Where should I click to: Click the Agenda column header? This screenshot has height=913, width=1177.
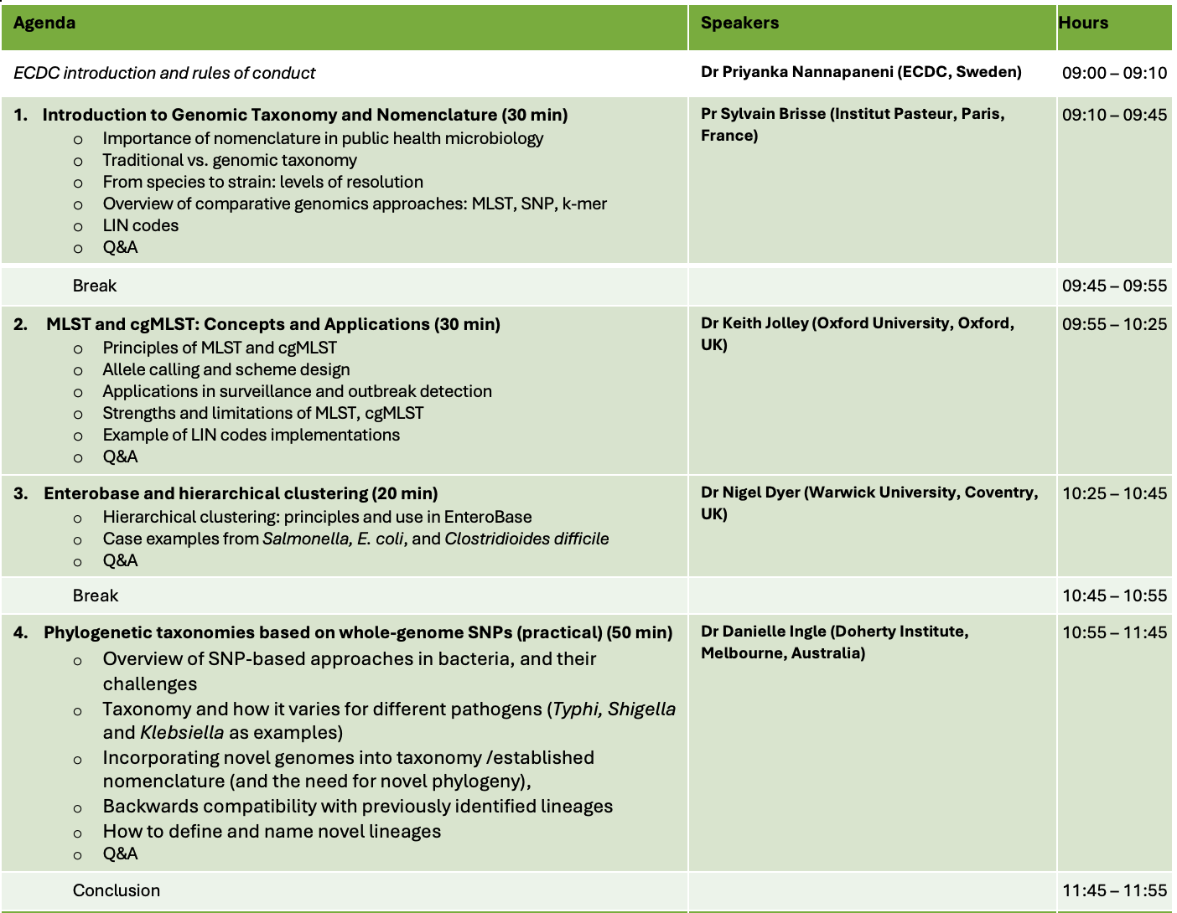[44, 23]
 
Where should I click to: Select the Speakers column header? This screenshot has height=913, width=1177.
[739, 23]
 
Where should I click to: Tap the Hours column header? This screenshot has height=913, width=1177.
[1083, 23]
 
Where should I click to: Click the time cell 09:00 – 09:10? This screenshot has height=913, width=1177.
[1114, 73]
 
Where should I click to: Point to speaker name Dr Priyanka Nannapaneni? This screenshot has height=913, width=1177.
[796, 72]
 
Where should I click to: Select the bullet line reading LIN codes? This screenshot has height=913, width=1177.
[140, 225]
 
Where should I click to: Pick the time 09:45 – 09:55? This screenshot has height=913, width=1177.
[1114, 286]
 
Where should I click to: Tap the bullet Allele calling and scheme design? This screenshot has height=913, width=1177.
[226, 369]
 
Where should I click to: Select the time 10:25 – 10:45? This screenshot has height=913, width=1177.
[1114, 493]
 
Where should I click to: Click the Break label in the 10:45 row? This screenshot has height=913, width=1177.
[96, 596]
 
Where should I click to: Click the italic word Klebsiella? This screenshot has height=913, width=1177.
[182, 732]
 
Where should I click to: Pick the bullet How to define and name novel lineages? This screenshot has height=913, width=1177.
[272, 831]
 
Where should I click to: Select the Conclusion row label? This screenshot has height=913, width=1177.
[117, 890]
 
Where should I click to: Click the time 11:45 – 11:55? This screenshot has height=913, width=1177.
[1114, 890]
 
